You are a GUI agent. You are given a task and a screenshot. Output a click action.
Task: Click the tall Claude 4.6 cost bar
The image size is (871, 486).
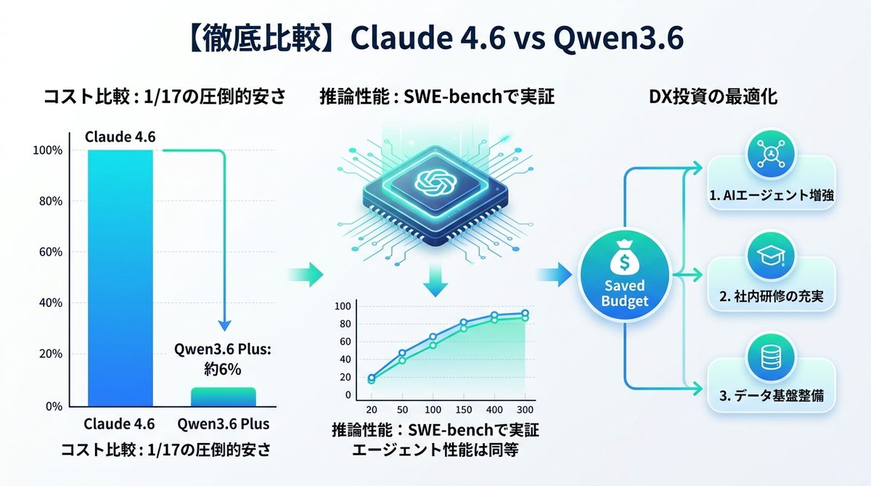[x=120, y=276]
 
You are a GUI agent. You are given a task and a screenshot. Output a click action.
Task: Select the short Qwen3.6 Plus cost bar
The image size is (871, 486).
[x=223, y=397]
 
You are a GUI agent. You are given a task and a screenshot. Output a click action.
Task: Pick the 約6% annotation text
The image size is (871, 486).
[x=222, y=368]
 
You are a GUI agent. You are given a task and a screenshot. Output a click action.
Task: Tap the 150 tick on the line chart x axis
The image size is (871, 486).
[x=463, y=409]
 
